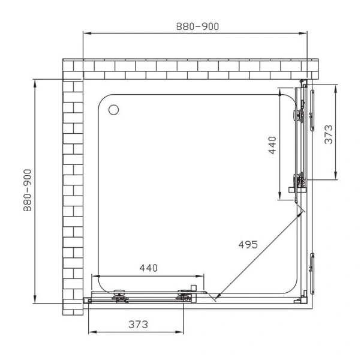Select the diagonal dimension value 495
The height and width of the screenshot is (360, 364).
pyautogui.click(x=247, y=244)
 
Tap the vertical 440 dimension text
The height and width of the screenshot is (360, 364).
pyautogui.click(x=272, y=146)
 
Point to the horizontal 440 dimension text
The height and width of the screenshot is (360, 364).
pyautogui.click(x=148, y=268)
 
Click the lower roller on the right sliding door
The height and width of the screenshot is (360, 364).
pyautogui.click(x=299, y=179)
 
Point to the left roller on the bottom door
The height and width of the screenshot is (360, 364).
pyautogui.click(x=119, y=295)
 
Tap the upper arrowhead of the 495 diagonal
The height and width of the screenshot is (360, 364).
pyautogui.click(x=303, y=211)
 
